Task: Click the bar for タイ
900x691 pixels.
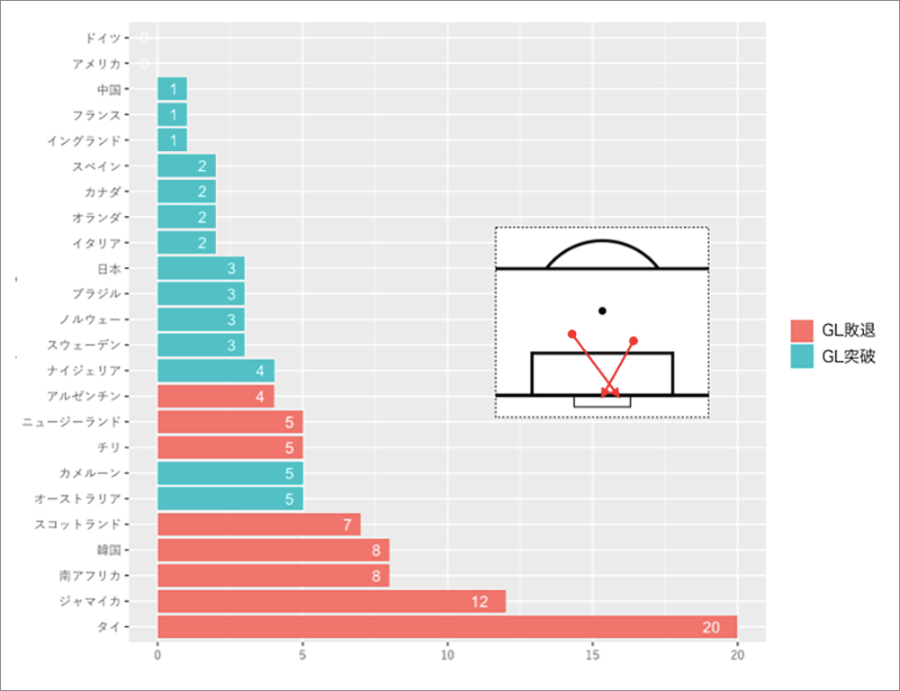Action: tap(447, 627)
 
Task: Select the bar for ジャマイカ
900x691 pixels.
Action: tap(331, 601)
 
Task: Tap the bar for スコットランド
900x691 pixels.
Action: tap(258, 524)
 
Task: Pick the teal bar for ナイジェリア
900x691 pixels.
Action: tap(215, 371)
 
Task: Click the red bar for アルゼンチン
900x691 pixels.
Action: tap(215, 396)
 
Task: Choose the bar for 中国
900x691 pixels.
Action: tap(172, 89)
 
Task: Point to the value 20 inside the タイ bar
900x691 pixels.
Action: tap(710, 627)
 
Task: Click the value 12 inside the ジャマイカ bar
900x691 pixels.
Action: tap(479, 601)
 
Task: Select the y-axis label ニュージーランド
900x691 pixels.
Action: tap(71, 422)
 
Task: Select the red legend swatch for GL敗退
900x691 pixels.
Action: tap(802, 330)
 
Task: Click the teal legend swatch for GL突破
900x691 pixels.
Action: tap(802, 356)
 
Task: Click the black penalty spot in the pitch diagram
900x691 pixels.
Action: tap(602, 310)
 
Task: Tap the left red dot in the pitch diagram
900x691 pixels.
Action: tap(571, 334)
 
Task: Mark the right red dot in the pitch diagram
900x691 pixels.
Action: tap(634, 340)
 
